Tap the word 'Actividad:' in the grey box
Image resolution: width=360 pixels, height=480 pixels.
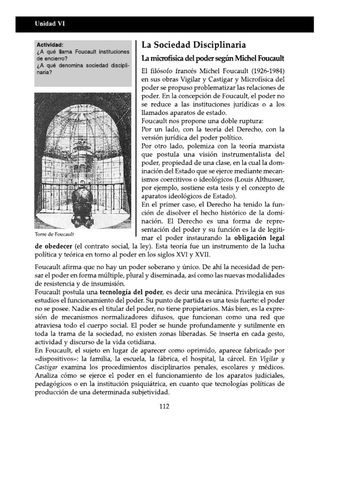[50, 44]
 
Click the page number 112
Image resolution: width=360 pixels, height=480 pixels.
[164, 406]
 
